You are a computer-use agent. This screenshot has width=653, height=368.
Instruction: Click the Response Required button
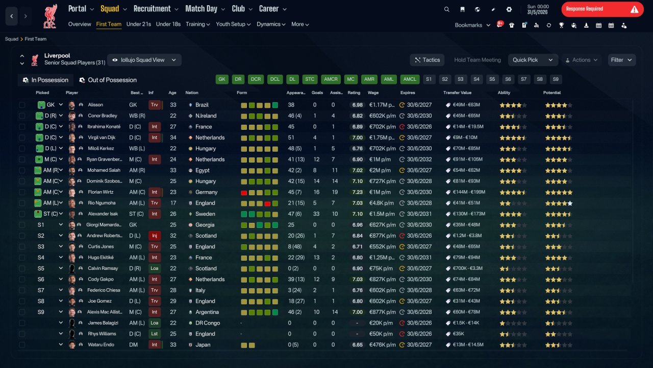pyautogui.click(x=602, y=9)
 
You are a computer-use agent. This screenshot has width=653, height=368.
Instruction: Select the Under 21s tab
pyautogui.click(x=138, y=24)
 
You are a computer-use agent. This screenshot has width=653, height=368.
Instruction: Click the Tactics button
pyautogui.click(x=427, y=60)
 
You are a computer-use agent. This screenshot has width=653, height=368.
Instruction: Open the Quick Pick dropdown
pyautogui.click(x=533, y=60)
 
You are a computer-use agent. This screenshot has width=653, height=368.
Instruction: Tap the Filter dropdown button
pyautogui.click(x=621, y=60)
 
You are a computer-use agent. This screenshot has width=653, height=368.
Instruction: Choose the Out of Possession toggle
pyautogui.click(x=108, y=80)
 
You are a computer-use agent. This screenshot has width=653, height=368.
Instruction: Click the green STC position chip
pyautogui.click(x=310, y=79)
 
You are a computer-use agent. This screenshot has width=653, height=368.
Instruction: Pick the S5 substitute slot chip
pyautogui.click(x=492, y=79)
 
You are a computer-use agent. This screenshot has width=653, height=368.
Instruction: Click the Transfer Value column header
pyautogui.click(x=457, y=93)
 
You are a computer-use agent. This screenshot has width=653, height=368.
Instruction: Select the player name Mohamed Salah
pyautogui.click(x=104, y=170)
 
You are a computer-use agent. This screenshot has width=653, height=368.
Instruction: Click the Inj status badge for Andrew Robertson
pyautogui.click(x=155, y=236)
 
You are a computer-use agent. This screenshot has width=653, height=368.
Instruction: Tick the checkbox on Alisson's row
pyautogui.click(x=22, y=105)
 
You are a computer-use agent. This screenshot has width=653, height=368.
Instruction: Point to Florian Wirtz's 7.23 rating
pyautogui.click(x=358, y=192)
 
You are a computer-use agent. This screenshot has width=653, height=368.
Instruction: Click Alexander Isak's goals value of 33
pyautogui.click(x=316, y=214)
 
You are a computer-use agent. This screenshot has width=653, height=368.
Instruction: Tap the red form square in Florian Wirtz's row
pyautogui.click(x=244, y=193)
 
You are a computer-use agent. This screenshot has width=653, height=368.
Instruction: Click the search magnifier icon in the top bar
pyautogui.click(x=446, y=9)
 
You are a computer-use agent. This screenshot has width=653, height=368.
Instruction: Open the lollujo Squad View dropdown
pyautogui.click(x=144, y=60)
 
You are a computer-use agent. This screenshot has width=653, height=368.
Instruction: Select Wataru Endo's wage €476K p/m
pyautogui.click(x=382, y=345)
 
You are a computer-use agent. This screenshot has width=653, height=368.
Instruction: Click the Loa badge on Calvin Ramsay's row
pyautogui.click(x=155, y=268)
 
